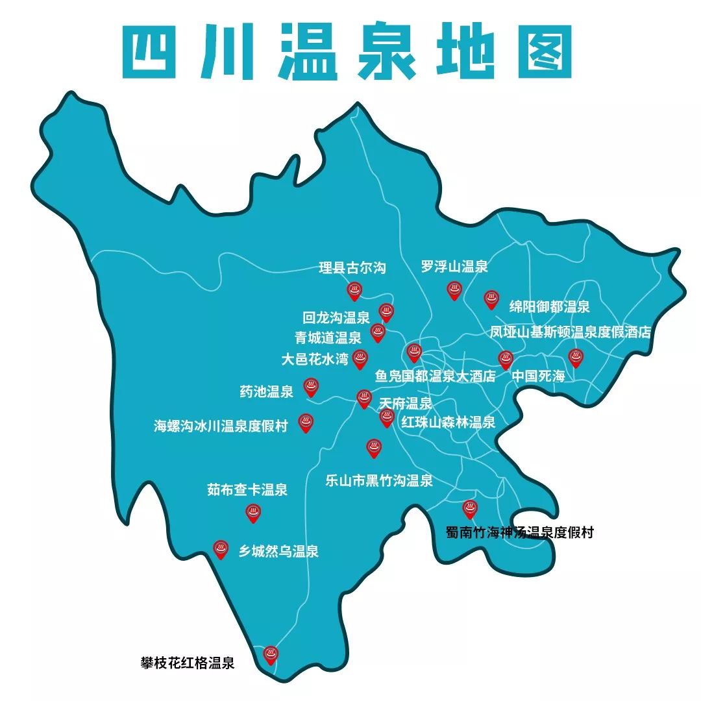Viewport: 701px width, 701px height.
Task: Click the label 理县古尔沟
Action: (x=352, y=268)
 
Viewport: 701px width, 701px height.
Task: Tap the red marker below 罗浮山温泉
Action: (x=454, y=290)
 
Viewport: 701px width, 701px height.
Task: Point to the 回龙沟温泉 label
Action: (x=336, y=318)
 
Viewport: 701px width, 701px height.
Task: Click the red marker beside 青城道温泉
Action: (x=377, y=333)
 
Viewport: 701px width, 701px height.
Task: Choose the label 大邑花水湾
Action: (x=315, y=358)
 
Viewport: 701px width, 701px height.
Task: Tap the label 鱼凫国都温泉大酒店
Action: (x=435, y=376)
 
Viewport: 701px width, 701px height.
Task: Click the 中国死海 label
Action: (x=538, y=376)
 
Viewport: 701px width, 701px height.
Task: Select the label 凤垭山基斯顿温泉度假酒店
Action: (x=570, y=332)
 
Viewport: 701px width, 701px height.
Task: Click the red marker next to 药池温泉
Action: (x=311, y=387)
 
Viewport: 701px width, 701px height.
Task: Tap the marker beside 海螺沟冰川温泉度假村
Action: (x=306, y=423)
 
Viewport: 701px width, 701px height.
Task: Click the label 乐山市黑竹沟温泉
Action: (x=379, y=481)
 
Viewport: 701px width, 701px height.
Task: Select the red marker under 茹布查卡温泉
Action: (x=253, y=513)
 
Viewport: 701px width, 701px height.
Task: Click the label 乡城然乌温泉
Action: (x=278, y=552)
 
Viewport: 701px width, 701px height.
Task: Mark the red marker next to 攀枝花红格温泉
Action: (x=271, y=655)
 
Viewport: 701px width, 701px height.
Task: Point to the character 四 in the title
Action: (x=154, y=52)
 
